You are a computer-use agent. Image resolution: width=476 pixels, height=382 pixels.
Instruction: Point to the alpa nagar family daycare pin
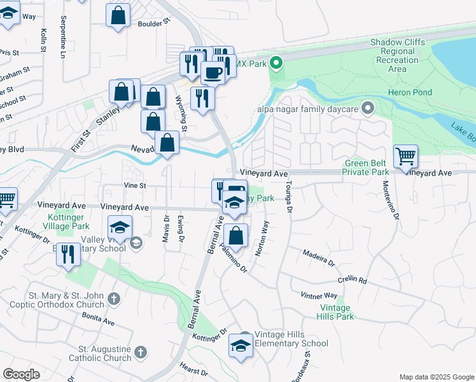click(367, 108)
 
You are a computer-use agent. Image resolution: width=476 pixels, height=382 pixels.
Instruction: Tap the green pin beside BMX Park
click(276, 62)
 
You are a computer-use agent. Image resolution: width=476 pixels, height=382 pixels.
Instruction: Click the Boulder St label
click(155, 22)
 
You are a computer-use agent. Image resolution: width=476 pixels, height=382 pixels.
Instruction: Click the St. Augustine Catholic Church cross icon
click(141, 351)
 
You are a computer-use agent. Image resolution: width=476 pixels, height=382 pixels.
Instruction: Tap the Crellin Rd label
click(353, 280)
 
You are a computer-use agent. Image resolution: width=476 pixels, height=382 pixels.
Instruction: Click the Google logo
click(22, 374)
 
